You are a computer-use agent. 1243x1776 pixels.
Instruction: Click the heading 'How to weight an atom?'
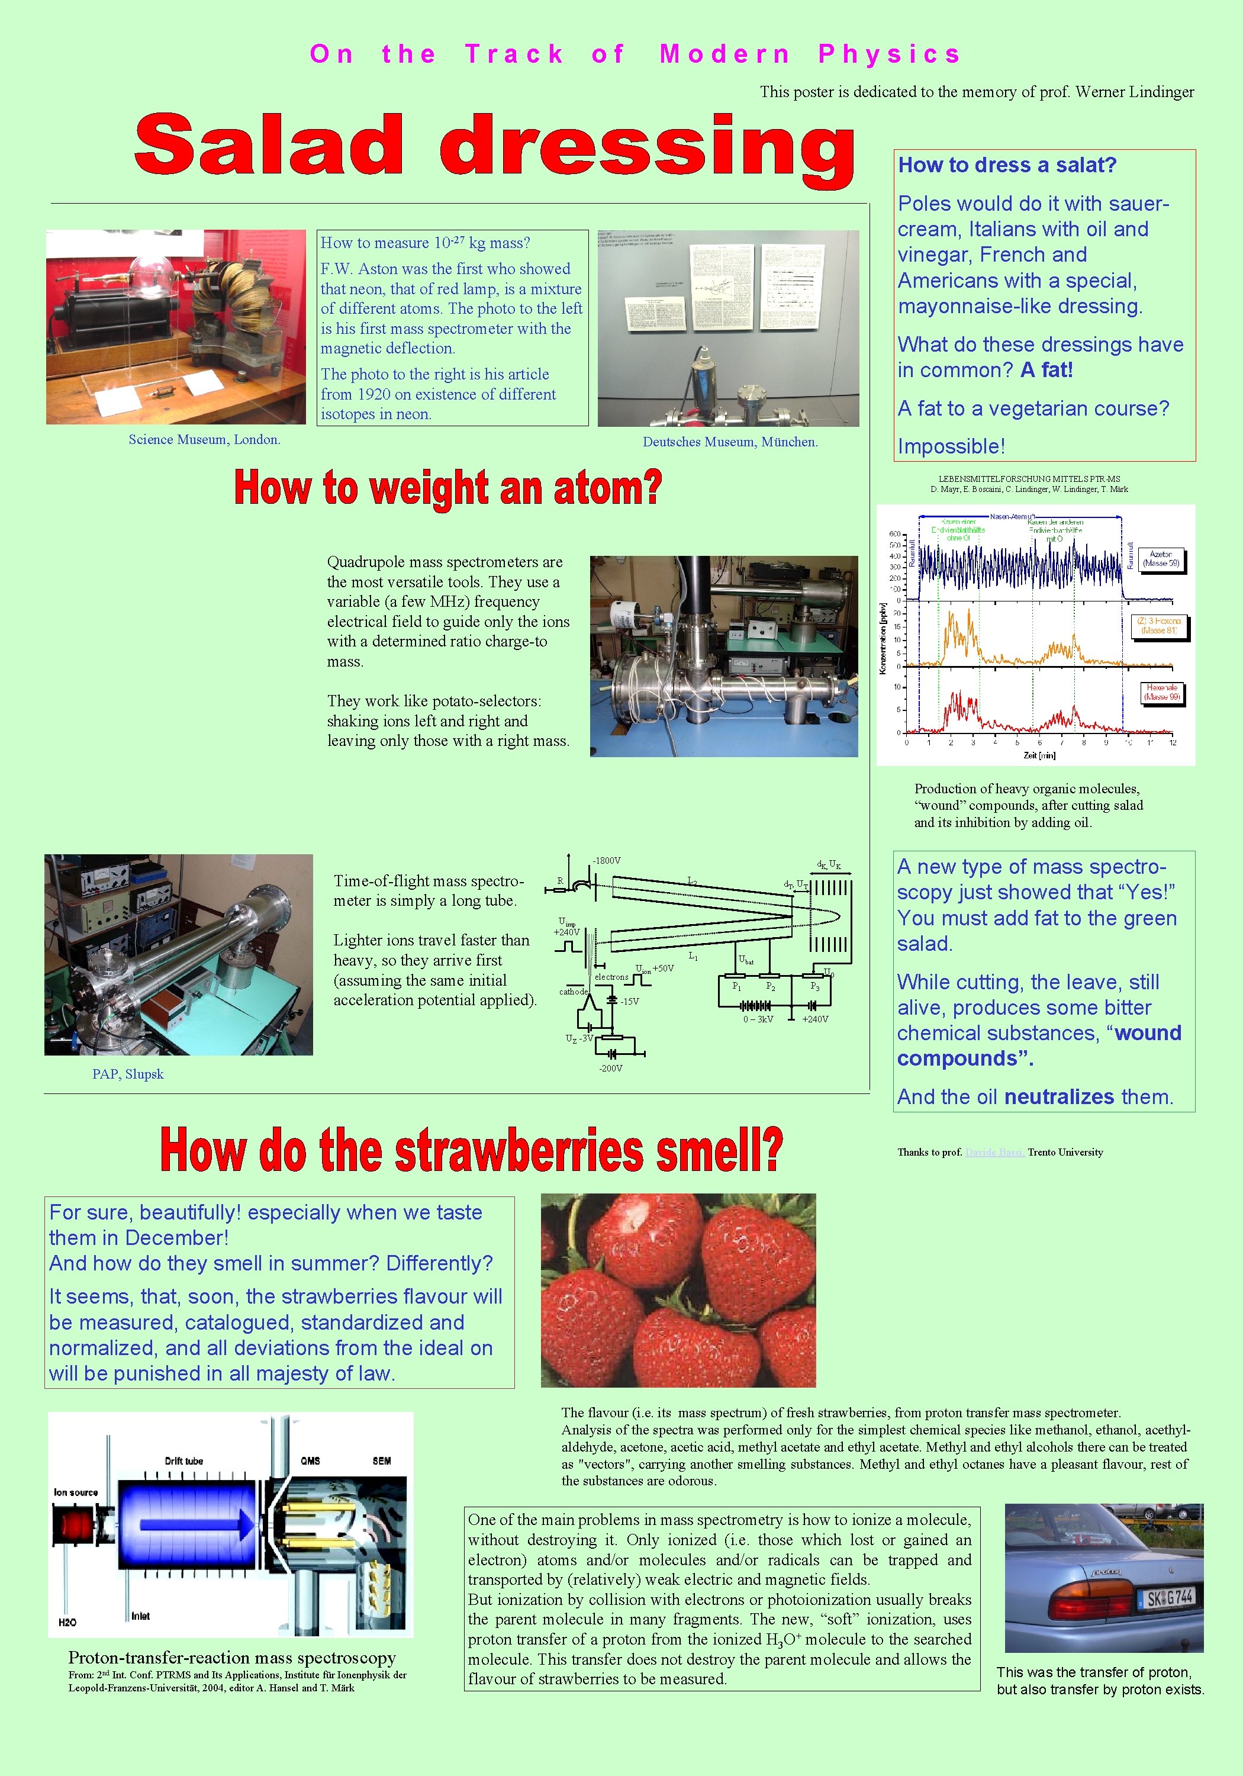click(448, 488)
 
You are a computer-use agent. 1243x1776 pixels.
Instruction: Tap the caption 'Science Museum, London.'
click(204, 439)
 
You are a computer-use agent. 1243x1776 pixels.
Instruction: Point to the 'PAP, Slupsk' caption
click(128, 1074)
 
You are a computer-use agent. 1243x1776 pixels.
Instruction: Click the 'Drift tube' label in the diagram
click(184, 1460)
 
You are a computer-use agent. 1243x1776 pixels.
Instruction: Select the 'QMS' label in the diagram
click(310, 1460)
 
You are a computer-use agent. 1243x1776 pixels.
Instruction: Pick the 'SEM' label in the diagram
click(381, 1460)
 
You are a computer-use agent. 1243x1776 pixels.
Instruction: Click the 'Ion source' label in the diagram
click(76, 1492)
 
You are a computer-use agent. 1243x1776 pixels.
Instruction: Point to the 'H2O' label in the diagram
click(67, 1622)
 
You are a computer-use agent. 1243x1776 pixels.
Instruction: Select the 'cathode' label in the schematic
click(573, 992)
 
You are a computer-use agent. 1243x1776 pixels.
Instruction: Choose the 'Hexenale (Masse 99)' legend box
click(1162, 692)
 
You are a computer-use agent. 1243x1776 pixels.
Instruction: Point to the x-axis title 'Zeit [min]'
click(1039, 755)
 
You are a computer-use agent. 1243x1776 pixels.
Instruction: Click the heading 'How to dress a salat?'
click(1007, 165)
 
